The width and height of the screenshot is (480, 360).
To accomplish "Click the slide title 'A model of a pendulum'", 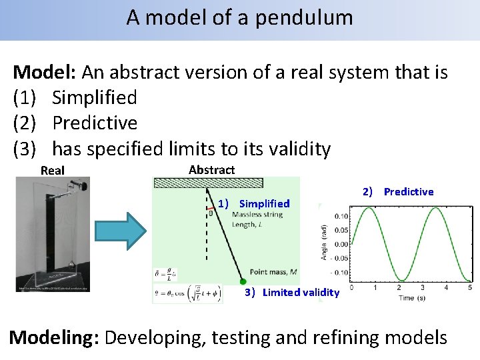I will (x=239, y=17).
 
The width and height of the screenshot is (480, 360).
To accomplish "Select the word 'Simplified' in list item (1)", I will (x=95, y=98).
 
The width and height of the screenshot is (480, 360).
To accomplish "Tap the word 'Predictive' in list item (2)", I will (x=95, y=123).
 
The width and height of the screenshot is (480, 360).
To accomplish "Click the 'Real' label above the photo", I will (x=53, y=171).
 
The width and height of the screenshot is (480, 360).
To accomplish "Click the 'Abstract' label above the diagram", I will (x=211, y=170).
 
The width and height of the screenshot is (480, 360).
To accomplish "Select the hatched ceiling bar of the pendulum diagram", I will (x=209, y=183).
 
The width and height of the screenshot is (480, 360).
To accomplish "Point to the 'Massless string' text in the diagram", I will (x=257, y=215).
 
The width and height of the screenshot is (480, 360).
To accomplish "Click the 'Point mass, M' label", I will (x=273, y=271).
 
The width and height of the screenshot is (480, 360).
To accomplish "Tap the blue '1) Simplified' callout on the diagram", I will (x=254, y=203).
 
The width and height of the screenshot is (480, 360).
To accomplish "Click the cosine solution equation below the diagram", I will (x=187, y=293).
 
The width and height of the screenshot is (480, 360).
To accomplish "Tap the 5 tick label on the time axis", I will (x=470, y=287).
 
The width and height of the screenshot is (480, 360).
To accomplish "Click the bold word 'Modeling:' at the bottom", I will (x=54, y=337).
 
